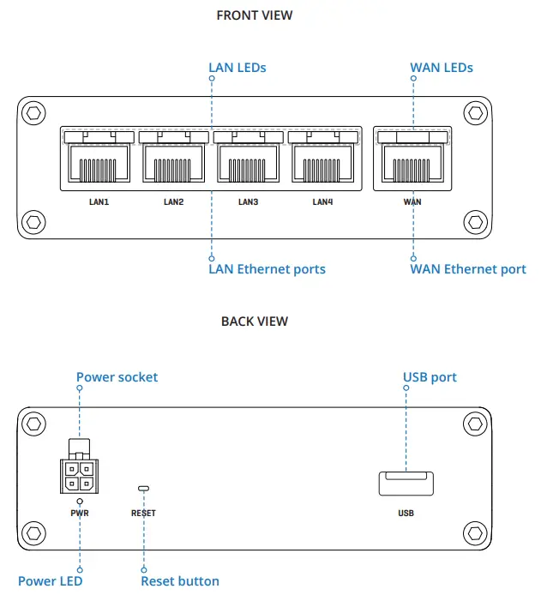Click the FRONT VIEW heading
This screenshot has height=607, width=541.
[255, 15]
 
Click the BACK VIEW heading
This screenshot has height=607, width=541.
[255, 322]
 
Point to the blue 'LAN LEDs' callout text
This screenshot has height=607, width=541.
[237, 67]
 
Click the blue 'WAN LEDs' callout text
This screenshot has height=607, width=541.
[442, 67]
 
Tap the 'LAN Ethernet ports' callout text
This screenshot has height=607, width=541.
[267, 269]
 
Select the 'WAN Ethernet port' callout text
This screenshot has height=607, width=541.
[468, 269]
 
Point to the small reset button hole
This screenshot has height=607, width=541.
[143, 490]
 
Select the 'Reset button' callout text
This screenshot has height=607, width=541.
[179, 581]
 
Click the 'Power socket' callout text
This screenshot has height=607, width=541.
[117, 377]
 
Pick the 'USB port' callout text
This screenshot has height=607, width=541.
[430, 377]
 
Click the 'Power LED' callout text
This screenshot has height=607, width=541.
[50, 581]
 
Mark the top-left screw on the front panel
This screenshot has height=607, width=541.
[33, 113]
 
